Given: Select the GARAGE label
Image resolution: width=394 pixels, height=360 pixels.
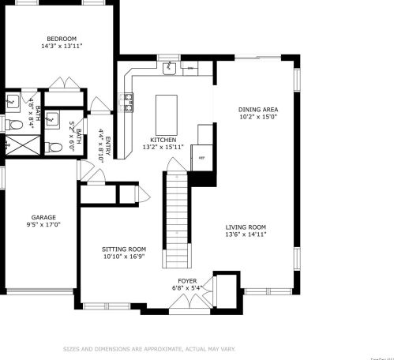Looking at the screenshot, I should pyautogui.click(x=43, y=216).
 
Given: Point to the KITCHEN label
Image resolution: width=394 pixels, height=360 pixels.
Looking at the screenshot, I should pyautogui.click(x=152, y=139).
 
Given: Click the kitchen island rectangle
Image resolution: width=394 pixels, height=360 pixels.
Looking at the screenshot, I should pyautogui.click(x=166, y=114).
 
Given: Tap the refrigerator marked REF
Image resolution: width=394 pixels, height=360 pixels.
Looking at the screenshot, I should pyautogui.click(x=202, y=157).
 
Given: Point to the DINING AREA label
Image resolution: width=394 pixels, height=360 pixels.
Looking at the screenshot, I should pyautogui.click(x=258, y=110).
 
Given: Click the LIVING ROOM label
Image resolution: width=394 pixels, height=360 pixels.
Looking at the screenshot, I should pyautogui.click(x=246, y=227).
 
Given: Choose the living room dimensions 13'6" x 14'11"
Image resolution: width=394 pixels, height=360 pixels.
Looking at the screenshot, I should pyautogui.click(x=246, y=234).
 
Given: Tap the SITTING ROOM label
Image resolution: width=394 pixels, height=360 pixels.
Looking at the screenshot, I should pyautogui.click(x=125, y=249).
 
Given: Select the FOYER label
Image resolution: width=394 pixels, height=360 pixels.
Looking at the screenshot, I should pyautogui.click(x=187, y=279).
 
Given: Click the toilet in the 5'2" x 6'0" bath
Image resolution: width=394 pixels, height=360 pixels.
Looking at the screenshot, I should pyautogui.click(x=52, y=146).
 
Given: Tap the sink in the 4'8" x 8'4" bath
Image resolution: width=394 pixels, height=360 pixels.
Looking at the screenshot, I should pyautogui.click(x=13, y=101).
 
